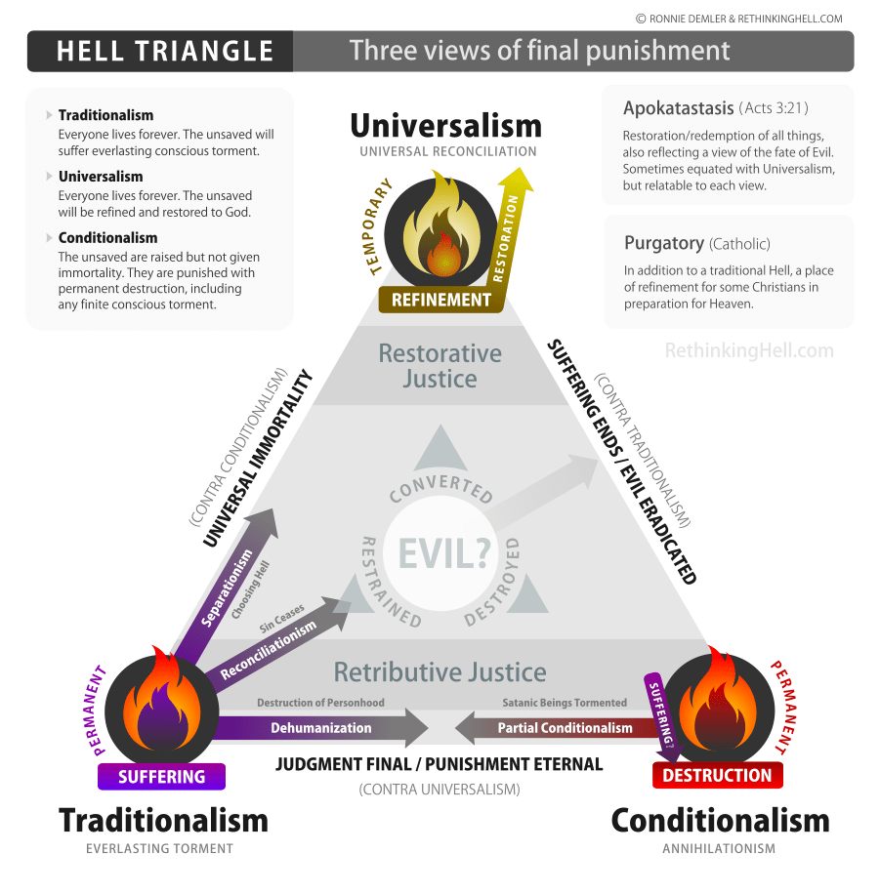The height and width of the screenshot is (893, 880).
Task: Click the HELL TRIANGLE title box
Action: tap(160, 51)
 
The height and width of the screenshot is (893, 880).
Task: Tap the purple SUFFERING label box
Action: tap(161, 777)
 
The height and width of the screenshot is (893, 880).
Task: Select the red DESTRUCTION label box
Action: tap(717, 776)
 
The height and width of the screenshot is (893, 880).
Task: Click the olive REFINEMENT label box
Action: tap(440, 301)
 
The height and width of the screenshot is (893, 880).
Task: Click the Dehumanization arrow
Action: tap(322, 728)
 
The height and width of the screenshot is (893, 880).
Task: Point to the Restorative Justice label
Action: tap(440, 365)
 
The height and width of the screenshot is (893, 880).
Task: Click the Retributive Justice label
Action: tap(440, 672)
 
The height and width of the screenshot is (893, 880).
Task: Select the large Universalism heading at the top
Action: tap(445, 126)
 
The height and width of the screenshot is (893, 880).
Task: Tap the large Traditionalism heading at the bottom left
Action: tap(163, 821)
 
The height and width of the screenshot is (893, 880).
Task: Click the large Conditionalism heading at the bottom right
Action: tap(720, 821)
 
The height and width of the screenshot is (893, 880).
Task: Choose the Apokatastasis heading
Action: tap(678, 108)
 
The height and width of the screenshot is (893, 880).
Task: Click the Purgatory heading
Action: tap(664, 243)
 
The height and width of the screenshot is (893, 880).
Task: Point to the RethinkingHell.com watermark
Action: tap(749, 350)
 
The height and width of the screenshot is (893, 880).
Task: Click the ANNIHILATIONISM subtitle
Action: tap(719, 849)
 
